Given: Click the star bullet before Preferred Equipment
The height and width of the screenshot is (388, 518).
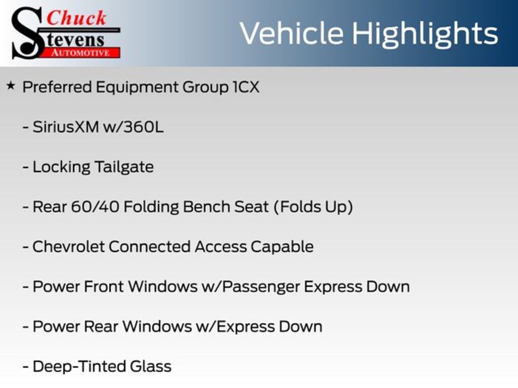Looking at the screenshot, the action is (11, 86).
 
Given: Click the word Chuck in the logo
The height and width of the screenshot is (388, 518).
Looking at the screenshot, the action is (76, 18).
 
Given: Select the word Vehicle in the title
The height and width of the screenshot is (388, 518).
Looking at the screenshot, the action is (291, 33).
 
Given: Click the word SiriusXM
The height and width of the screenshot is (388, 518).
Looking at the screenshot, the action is (66, 127).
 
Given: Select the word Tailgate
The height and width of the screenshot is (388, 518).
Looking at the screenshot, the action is (124, 167).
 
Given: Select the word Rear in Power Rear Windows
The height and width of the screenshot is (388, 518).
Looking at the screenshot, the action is (101, 327).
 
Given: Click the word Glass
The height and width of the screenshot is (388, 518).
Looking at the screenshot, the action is (151, 367).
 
